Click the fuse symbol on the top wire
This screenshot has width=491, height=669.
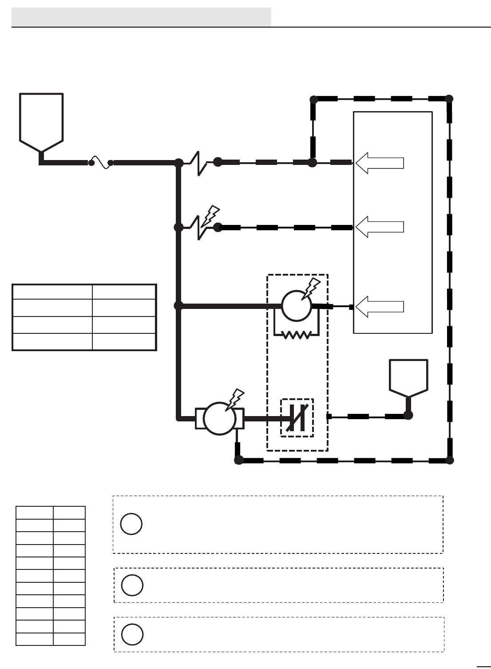pyautogui.click(x=101, y=162)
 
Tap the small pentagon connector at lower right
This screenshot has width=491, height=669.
pyautogui.click(x=408, y=377)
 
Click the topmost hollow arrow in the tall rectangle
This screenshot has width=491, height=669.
pyautogui.click(x=380, y=163)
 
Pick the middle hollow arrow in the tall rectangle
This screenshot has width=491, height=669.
pyautogui.click(x=380, y=227)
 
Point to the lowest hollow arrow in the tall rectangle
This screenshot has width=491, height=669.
pyautogui.click(x=380, y=307)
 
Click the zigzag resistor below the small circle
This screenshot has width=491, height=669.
pyautogui.click(x=297, y=335)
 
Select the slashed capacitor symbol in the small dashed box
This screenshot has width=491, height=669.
pyautogui.click(x=297, y=418)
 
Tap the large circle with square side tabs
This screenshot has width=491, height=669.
pyautogui.click(x=220, y=418)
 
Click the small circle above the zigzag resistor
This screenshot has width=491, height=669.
pyautogui.click(x=297, y=306)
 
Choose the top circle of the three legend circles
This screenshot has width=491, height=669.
pyautogui.click(x=131, y=524)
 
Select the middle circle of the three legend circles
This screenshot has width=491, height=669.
pyautogui.click(x=132, y=585)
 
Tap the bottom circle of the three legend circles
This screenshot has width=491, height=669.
pyautogui.click(x=132, y=634)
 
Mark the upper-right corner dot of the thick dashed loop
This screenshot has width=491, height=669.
pyautogui.click(x=449, y=99)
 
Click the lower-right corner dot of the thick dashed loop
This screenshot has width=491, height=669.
pyautogui.click(x=449, y=460)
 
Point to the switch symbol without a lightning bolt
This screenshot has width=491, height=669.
pyautogui.click(x=200, y=163)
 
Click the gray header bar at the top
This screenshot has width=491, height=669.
pyautogui.click(x=141, y=17)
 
